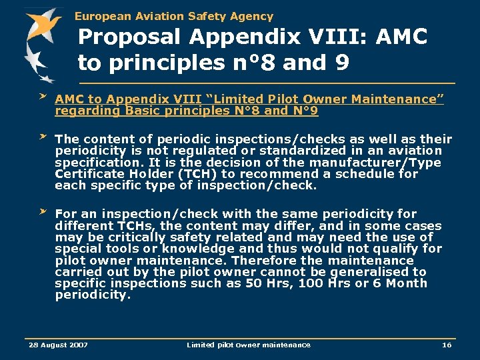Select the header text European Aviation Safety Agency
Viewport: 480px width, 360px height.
click(x=174, y=16)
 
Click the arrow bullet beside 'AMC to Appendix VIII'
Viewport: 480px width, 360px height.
click(x=42, y=97)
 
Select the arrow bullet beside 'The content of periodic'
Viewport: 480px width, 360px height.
click(x=42, y=137)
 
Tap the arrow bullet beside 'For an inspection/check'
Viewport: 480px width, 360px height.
click(x=42, y=211)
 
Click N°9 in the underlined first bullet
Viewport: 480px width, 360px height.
click(x=304, y=111)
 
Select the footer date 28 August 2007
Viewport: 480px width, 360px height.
click(x=59, y=345)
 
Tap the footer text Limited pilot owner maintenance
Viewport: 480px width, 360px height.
click(x=248, y=345)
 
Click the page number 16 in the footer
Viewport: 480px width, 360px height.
click(x=447, y=345)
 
